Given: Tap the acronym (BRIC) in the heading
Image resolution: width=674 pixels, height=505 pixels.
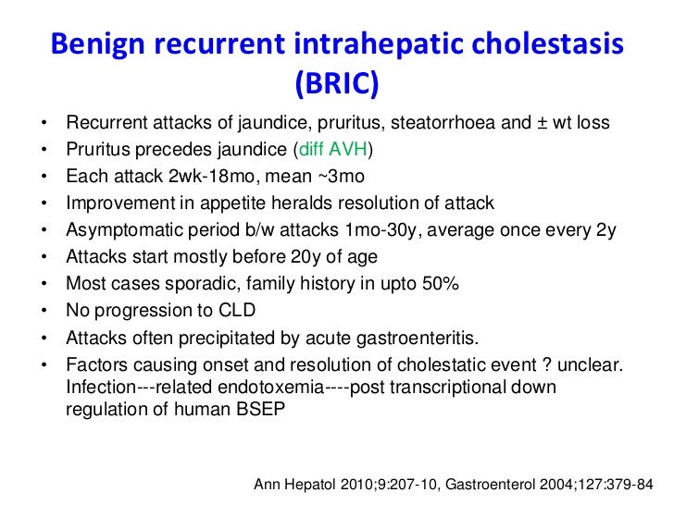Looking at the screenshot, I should pyautogui.click(x=337, y=84).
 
